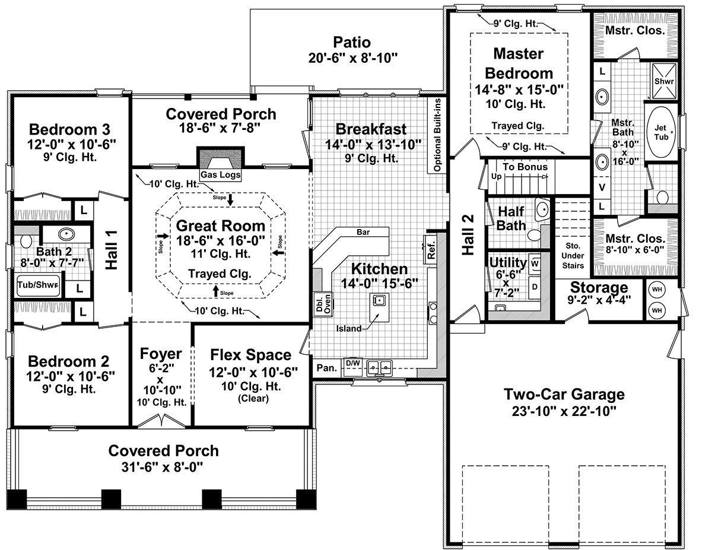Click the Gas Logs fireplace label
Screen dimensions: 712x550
pyautogui.click(x=220, y=174)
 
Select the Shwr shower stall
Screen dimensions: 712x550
pyautogui.click(x=664, y=81)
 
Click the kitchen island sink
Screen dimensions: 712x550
pyautogui.click(x=379, y=299)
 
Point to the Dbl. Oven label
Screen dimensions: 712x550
pyautogui.click(x=323, y=304)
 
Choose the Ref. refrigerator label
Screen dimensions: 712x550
pyautogui.click(x=431, y=250)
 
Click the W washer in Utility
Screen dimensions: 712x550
pyautogui.click(x=535, y=263)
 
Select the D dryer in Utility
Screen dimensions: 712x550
pyautogui.click(x=535, y=287)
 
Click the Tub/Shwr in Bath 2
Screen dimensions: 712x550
pyautogui.click(x=39, y=284)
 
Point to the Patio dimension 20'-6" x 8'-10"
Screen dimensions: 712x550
pyautogui.click(x=352, y=58)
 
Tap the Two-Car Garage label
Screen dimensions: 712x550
pyautogui.click(x=564, y=394)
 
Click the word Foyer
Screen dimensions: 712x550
pyautogui.click(x=161, y=354)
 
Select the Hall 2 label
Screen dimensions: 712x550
pyautogui.click(x=468, y=234)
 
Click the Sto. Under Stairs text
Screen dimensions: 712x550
pyautogui.click(x=573, y=256)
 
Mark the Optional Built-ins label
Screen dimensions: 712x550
pyautogui.click(x=437, y=135)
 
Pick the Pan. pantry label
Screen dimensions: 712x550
pyautogui.click(x=327, y=368)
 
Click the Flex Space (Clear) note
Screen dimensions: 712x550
pyautogui.click(x=253, y=399)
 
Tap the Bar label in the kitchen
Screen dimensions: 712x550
pyautogui.click(x=363, y=232)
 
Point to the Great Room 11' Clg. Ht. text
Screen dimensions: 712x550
pyautogui.click(x=221, y=253)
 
